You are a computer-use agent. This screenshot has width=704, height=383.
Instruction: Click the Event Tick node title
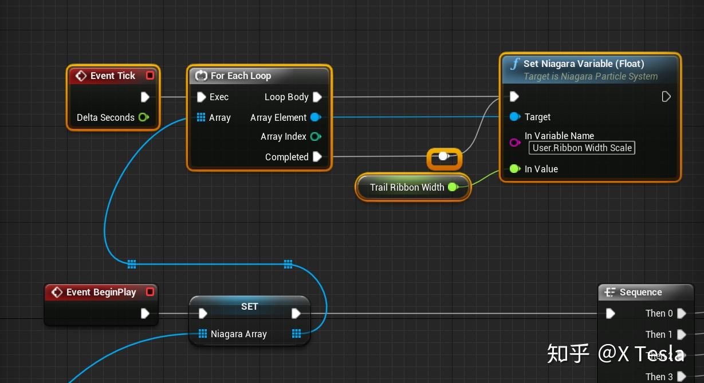click(112, 76)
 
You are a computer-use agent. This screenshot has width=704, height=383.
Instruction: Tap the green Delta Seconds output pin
click(143, 117)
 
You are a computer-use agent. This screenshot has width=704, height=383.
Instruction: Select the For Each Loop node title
click(241, 76)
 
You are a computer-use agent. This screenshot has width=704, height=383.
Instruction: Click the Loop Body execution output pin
click(317, 97)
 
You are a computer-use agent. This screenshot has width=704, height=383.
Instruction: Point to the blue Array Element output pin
click(315, 117)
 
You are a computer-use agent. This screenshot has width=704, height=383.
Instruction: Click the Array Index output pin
click(315, 136)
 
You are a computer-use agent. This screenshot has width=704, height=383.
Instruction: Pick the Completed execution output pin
click(317, 157)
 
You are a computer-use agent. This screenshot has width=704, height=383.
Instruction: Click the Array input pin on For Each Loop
click(201, 117)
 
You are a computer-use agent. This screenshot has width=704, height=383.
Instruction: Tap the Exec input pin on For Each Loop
click(201, 97)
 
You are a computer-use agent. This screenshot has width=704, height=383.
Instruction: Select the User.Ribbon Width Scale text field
click(582, 148)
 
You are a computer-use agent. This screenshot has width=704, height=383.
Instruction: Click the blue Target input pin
click(514, 117)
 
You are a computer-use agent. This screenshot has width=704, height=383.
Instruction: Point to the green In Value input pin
click(514, 169)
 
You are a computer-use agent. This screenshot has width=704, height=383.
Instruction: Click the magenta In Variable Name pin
click(514, 142)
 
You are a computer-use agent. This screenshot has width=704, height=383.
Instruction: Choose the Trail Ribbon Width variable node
click(407, 187)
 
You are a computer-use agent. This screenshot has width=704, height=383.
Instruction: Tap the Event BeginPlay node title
click(101, 292)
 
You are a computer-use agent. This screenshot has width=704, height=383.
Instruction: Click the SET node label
click(250, 306)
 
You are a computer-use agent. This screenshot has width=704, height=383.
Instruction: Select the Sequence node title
click(640, 292)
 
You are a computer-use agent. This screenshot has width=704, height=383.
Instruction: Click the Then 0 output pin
click(681, 313)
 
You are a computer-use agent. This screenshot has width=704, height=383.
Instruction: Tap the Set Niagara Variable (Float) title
click(584, 64)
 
